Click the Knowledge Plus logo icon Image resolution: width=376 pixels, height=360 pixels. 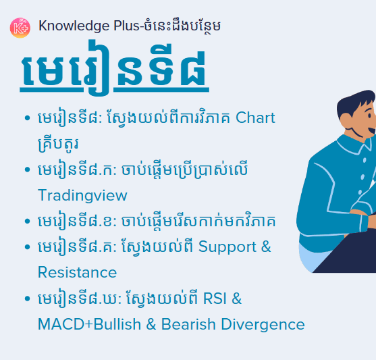click(x=20, y=27)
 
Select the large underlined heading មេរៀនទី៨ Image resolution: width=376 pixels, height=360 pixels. click(x=114, y=72)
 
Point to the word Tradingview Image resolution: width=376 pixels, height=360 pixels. click(x=82, y=195)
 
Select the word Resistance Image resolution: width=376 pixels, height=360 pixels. click(x=77, y=273)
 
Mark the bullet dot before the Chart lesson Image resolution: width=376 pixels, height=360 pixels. click(x=26, y=119)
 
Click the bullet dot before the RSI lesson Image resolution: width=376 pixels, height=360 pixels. click(x=26, y=299)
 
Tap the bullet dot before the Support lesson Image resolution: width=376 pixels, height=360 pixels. click(x=26, y=247)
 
